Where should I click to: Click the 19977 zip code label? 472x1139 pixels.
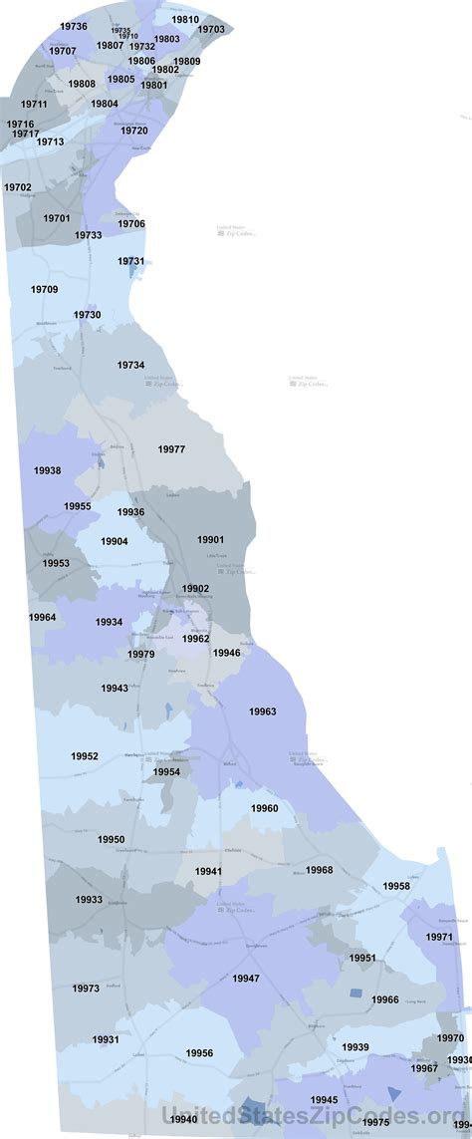[x=171, y=449]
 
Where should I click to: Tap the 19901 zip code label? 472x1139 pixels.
[x=211, y=539]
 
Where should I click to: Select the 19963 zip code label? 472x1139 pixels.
[x=263, y=712]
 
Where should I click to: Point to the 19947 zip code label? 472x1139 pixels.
[x=246, y=979]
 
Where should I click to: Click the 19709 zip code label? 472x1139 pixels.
[x=44, y=290]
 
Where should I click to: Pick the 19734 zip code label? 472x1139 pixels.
[x=130, y=366]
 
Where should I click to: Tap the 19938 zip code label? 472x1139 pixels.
[x=47, y=470]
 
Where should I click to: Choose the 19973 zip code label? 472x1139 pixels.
[x=86, y=989]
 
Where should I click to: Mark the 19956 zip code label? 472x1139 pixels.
[x=199, y=1053]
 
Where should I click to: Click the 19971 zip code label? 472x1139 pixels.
[x=439, y=937]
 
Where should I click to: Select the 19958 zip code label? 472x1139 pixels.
[x=396, y=886]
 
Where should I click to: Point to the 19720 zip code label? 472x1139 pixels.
[x=134, y=131]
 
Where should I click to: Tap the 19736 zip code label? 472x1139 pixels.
[x=74, y=26]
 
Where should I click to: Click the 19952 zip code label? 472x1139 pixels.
[x=85, y=756]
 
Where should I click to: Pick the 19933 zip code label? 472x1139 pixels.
[x=89, y=899]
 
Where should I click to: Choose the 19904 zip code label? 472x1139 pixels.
[x=114, y=541]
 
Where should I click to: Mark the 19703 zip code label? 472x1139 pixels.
[x=211, y=30]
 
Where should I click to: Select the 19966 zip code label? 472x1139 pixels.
[x=385, y=999]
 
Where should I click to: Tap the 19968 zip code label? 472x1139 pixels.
[x=320, y=870]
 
